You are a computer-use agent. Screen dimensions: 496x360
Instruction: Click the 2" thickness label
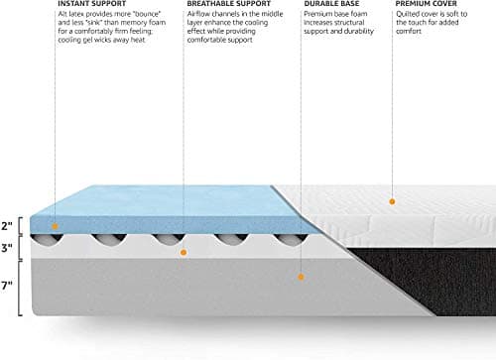point(8,225)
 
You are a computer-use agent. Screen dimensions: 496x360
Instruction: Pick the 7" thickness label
point(8,284)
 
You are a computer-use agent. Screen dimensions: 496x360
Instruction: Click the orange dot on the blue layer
point(57,227)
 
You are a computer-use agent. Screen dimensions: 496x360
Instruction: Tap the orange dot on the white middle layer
point(183,253)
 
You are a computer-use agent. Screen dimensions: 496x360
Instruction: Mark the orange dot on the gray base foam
point(300,280)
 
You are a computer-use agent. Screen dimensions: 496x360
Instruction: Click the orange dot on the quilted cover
point(392,201)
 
